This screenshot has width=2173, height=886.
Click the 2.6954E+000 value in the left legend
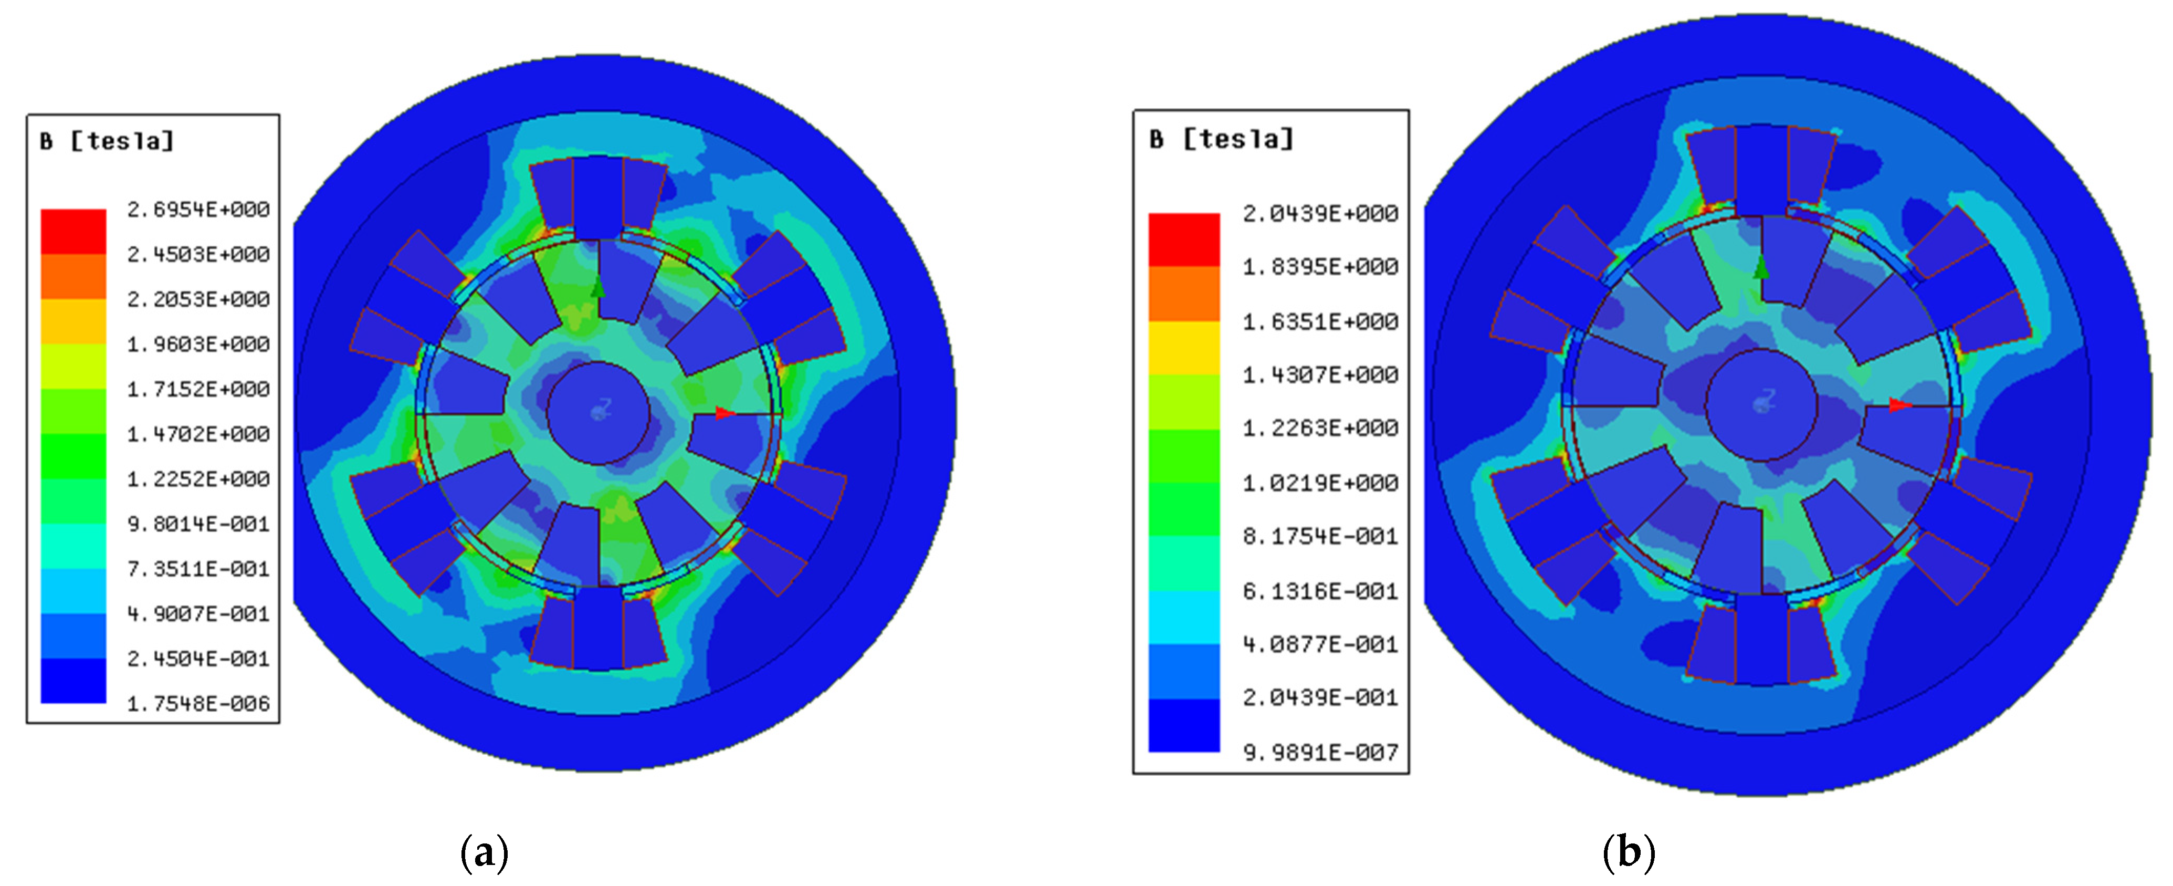point(198,209)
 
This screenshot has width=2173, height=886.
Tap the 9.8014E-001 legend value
point(198,524)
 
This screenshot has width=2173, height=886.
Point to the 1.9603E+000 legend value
point(198,345)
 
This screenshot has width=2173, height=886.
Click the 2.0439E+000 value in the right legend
point(1320,213)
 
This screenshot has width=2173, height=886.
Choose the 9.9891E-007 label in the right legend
point(1320,752)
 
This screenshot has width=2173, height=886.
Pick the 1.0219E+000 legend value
point(1320,483)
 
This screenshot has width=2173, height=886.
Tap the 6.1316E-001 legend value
point(1320,591)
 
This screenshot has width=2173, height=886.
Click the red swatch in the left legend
point(74,231)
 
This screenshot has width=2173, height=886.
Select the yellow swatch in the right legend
point(1183,348)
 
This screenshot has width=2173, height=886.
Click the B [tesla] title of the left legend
point(107,141)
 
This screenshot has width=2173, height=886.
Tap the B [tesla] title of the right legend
point(1222,138)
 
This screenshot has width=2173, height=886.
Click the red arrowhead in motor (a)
point(725,413)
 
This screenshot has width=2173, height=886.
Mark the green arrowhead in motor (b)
point(1761,269)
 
